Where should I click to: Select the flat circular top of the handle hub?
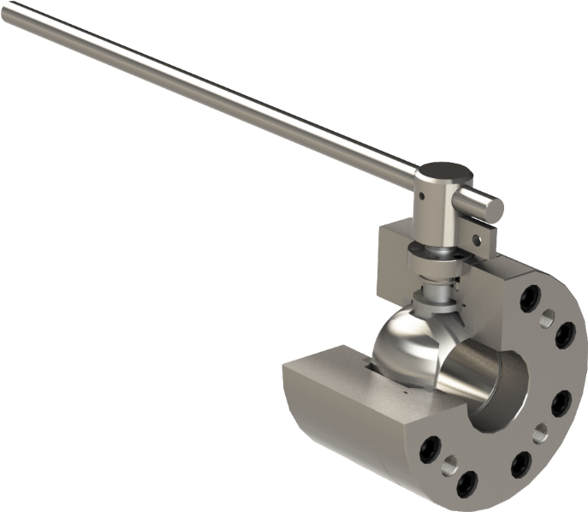click(445, 174)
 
